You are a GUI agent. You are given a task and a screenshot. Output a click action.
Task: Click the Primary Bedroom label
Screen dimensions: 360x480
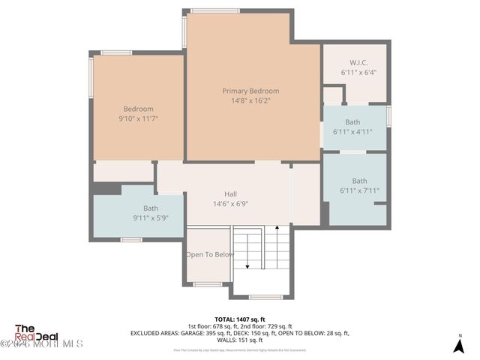(x=250, y=91)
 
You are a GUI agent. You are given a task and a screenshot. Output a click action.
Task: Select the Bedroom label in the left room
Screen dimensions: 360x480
(x=139, y=109)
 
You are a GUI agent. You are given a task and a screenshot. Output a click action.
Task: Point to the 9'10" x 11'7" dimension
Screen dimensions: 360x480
(x=139, y=118)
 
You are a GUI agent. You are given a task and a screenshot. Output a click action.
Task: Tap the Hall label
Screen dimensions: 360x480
(x=231, y=193)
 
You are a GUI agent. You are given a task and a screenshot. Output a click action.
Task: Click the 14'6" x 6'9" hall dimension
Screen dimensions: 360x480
(x=231, y=203)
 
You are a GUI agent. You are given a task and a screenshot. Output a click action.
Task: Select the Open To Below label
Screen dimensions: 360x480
(x=210, y=254)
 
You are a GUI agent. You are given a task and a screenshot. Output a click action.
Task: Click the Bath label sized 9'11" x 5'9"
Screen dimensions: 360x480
(x=151, y=208)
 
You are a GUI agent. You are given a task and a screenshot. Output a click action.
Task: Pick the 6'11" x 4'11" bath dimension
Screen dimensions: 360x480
(x=352, y=131)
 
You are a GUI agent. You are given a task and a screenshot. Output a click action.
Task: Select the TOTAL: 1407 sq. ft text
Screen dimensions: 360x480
(x=240, y=319)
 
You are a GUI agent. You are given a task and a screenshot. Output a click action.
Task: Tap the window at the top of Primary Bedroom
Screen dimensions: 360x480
(x=214, y=11)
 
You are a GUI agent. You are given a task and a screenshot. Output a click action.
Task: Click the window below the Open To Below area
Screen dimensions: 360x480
(x=207, y=284)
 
